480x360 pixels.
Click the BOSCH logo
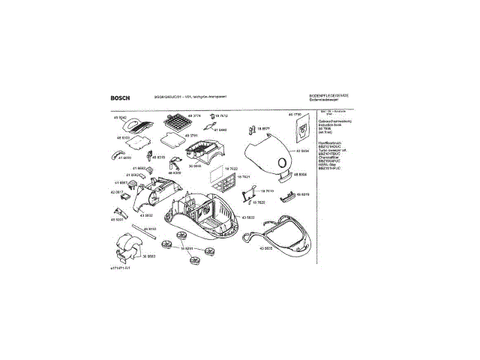[x=120, y=97]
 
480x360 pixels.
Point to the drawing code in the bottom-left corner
[x=120, y=268]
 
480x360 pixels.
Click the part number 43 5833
[x=247, y=217]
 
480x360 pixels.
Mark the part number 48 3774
[x=194, y=115]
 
